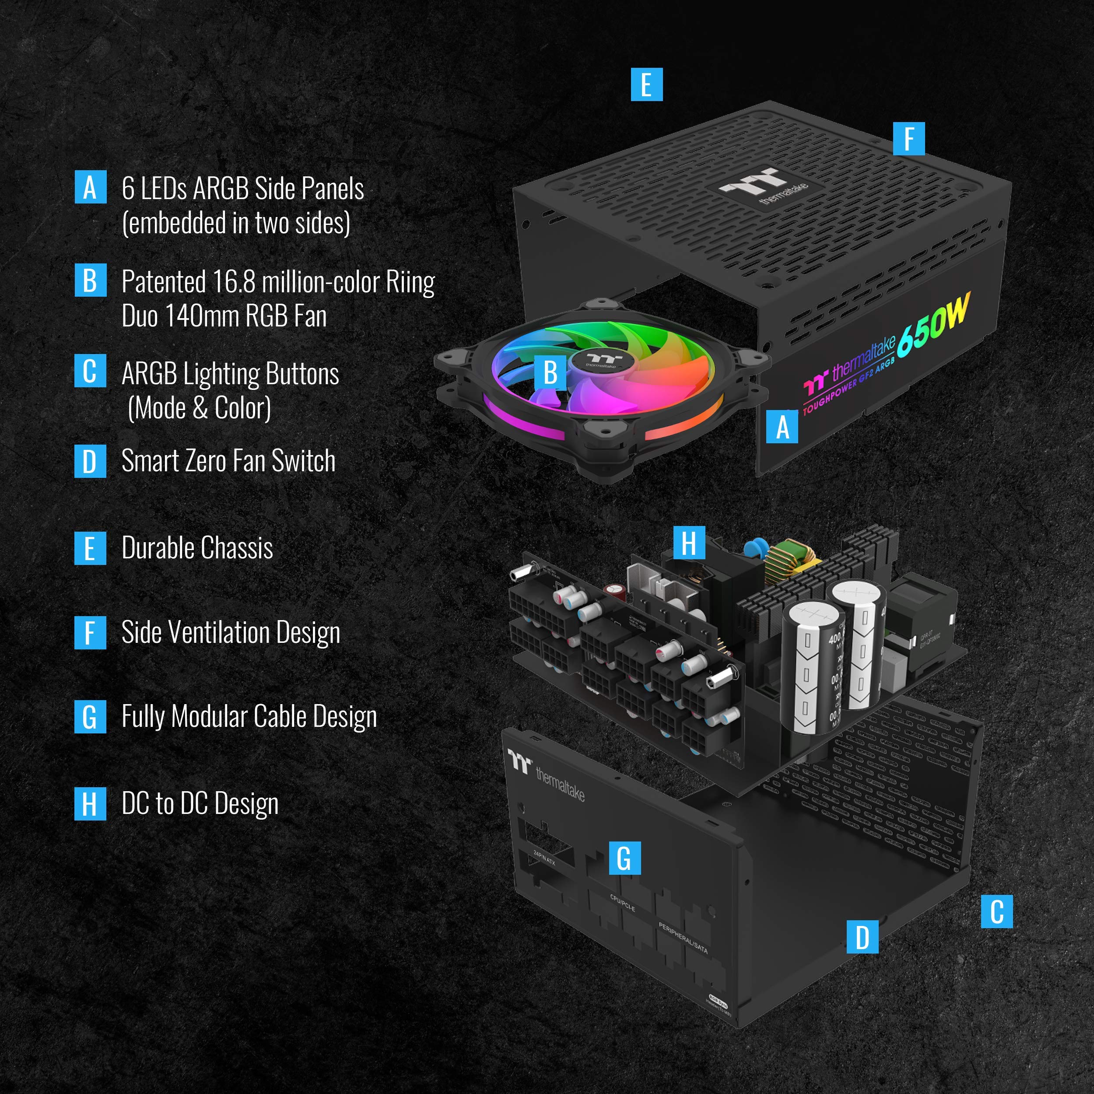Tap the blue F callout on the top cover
(x=908, y=139)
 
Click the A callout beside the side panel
(x=782, y=427)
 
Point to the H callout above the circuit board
(x=688, y=543)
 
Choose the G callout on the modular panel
(x=624, y=858)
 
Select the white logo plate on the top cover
(x=764, y=186)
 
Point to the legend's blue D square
(x=90, y=462)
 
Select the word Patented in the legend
(x=164, y=281)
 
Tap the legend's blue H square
(x=90, y=803)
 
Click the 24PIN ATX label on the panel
(x=545, y=858)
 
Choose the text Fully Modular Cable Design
(x=249, y=717)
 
